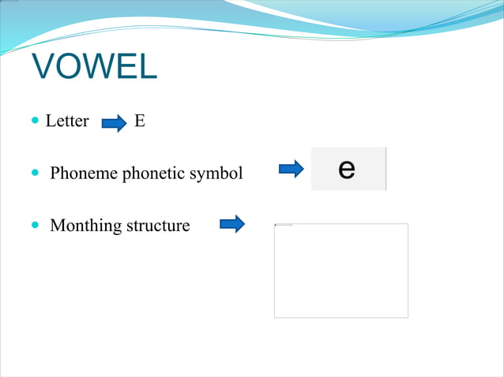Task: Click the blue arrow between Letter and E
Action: click(115, 123)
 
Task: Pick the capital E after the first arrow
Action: click(139, 121)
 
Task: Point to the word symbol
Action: click(220, 173)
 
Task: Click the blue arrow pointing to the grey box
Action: click(291, 169)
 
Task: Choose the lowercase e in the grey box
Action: click(346, 169)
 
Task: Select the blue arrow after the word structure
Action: click(231, 225)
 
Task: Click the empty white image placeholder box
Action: click(340, 271)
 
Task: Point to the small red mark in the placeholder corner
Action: click(276, 226)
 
